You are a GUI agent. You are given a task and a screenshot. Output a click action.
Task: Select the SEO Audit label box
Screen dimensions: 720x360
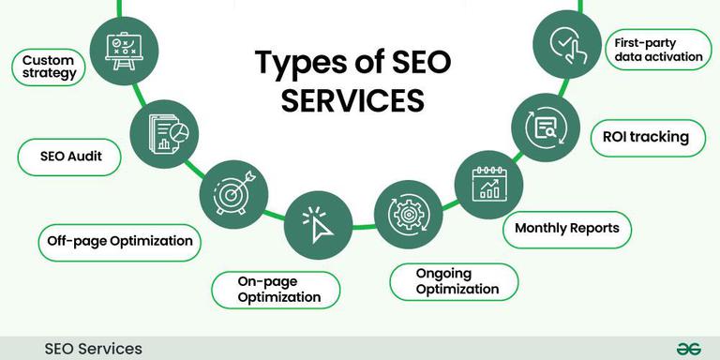click(70, 157)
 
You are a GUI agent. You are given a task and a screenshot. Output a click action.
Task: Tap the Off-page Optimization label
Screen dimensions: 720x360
click(120, 242)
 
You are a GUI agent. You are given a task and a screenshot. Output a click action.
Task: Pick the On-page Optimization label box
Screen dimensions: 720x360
click(275, 290)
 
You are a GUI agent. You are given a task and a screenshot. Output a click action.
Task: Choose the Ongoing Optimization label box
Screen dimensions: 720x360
click(454, 281)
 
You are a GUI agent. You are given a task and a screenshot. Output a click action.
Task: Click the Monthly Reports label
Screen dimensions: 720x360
click(567, 229)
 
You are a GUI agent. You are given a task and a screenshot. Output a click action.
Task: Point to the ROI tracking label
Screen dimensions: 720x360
click(647, 138)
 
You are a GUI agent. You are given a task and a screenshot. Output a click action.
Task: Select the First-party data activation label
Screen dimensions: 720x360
click(658, 50)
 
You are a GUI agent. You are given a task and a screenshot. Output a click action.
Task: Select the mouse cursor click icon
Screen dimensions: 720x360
click(317, 221)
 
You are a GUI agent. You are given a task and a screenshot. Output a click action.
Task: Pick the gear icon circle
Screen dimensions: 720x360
click(408, 214)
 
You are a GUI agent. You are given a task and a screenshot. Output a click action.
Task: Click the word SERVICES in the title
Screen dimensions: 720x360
click(353, 99)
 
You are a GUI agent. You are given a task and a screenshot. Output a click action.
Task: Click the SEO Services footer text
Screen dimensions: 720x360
click(94, 349)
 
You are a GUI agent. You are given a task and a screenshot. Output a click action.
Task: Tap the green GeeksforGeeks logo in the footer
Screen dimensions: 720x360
click(689, 348)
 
